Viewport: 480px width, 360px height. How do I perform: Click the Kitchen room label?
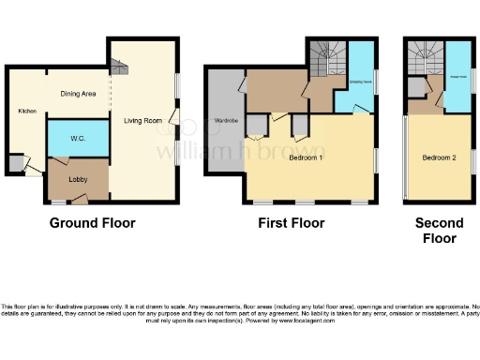[26, 112]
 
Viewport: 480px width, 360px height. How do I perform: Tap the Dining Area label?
[79, 94]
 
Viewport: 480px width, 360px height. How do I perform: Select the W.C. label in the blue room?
[78, 138]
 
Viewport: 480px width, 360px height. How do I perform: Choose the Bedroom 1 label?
[307, 157]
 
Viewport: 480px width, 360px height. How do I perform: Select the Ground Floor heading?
[92, 223]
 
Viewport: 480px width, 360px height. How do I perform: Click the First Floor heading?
[292, 223]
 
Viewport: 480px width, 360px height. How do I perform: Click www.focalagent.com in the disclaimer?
[299, 321]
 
